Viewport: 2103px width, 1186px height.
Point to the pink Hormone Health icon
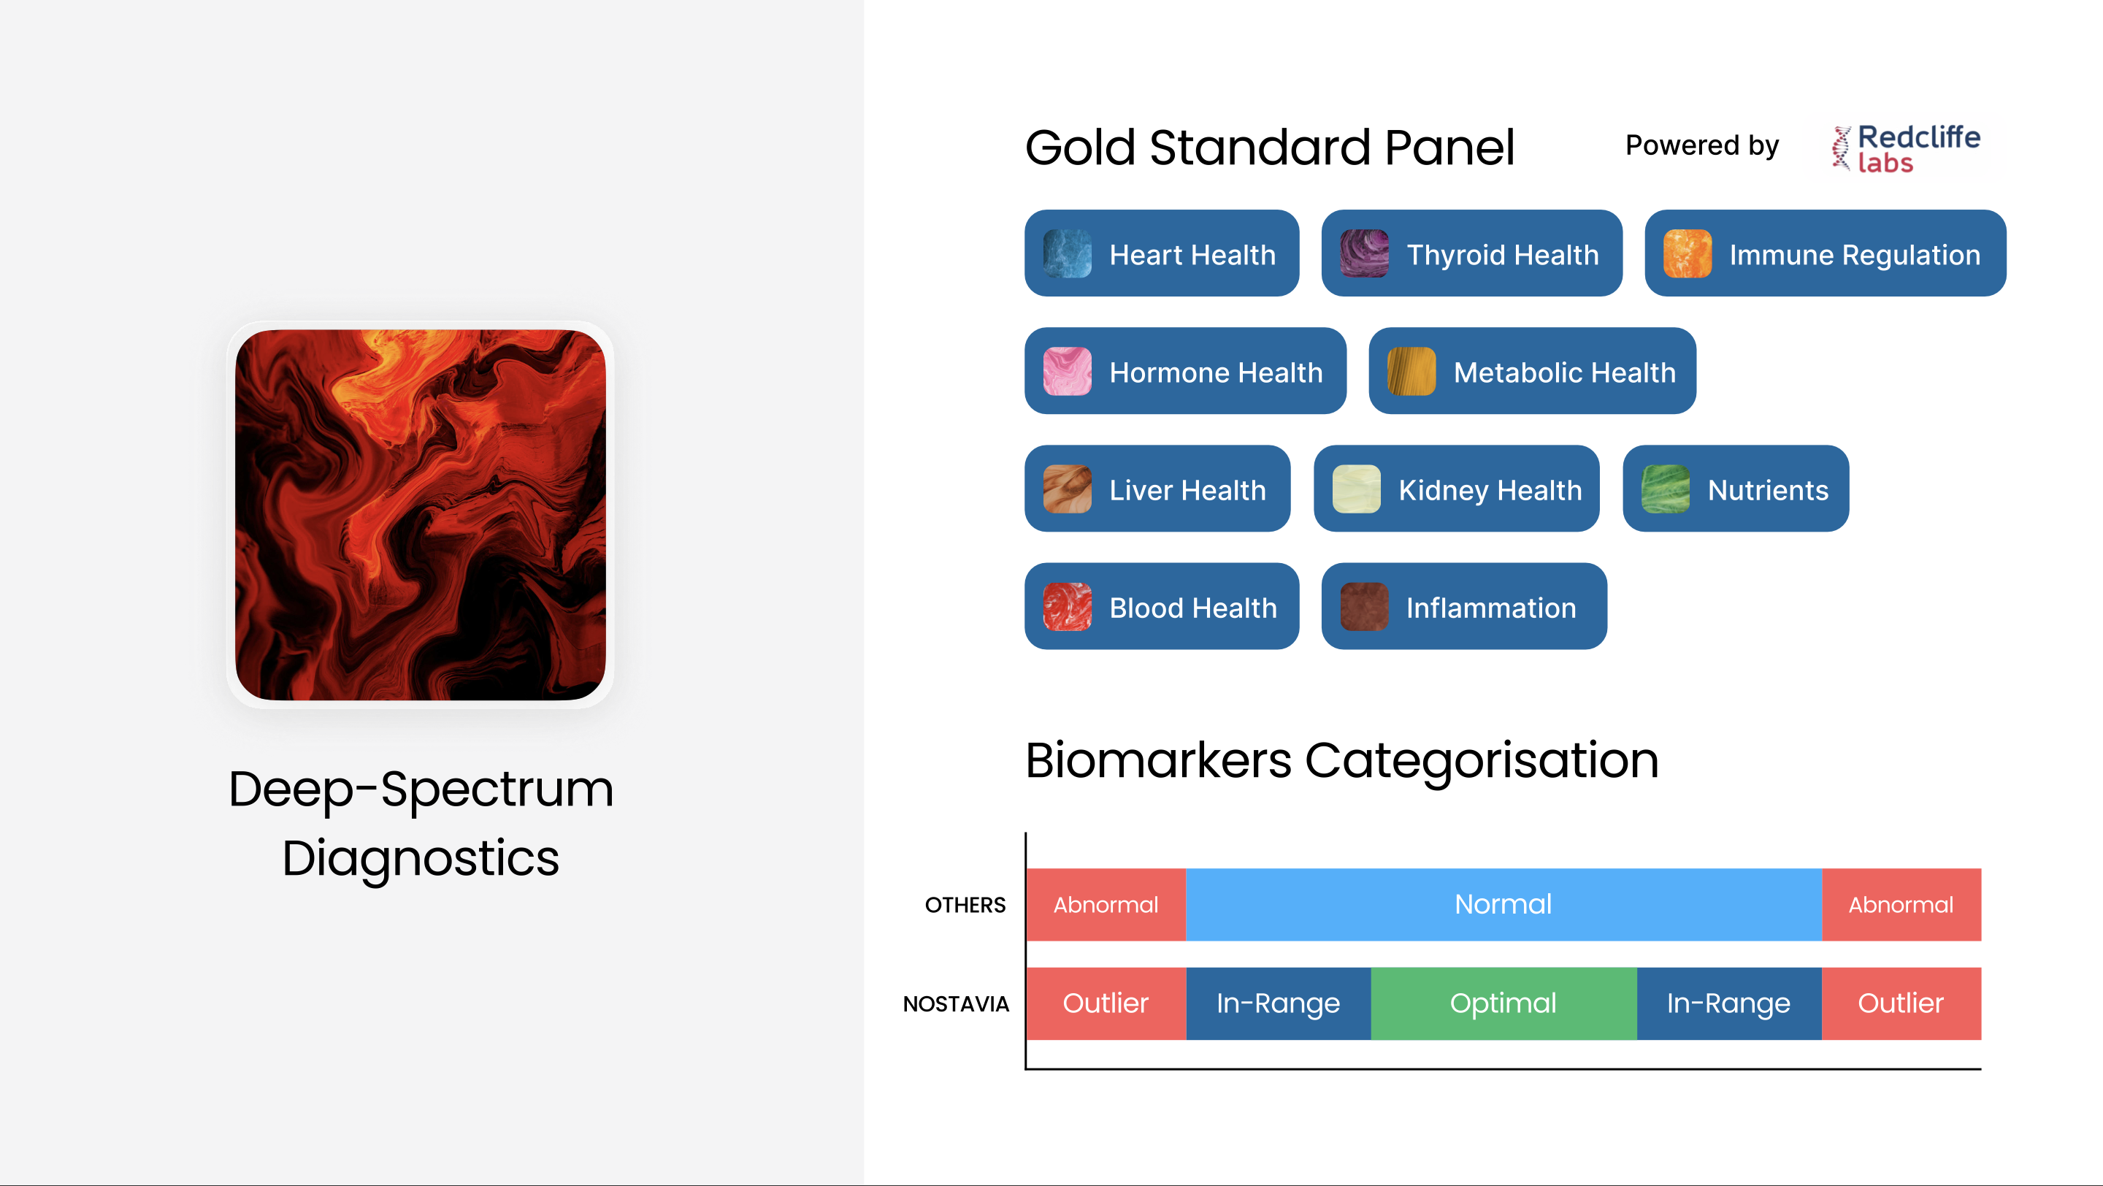point(1067,372)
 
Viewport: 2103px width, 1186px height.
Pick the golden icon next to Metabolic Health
point(1411,372)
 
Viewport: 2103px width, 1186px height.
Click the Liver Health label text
point(1187,490)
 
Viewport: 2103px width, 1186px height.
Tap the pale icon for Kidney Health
point(1356,489)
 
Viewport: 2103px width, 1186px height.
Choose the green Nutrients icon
point(1666,489)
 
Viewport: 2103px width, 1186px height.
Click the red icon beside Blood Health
point(1067,606)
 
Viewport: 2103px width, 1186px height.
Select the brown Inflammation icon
point(1363,606)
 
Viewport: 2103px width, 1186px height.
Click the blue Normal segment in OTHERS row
point(1503,904)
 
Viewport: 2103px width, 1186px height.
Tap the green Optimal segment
point(1503,1003)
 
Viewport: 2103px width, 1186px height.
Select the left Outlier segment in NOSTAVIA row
point(1106,1003)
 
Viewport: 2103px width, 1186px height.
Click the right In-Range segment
point(1729,1003)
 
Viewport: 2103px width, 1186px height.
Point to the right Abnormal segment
point(1901,904)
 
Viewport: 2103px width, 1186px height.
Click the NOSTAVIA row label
point(956,1004)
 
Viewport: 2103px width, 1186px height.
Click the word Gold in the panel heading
point(1081,148)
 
